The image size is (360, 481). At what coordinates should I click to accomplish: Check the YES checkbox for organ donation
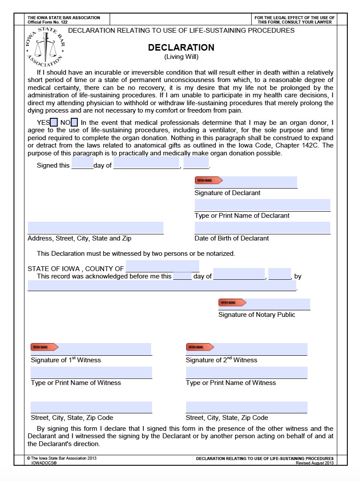54,123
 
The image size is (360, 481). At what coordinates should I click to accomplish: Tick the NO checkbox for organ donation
74,123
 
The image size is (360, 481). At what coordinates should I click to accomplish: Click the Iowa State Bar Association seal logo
44,45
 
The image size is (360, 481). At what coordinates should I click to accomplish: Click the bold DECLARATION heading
181,48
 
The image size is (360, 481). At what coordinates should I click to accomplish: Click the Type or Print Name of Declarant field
262,205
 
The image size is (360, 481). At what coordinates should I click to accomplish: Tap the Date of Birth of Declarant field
262,228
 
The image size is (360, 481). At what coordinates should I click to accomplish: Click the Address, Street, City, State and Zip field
95,228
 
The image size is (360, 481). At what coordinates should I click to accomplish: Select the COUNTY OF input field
162,266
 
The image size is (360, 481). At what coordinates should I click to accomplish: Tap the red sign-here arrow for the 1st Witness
44,347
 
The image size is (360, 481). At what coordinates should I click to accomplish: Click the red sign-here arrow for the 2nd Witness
200,347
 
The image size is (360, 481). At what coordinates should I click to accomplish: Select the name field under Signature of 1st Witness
91,373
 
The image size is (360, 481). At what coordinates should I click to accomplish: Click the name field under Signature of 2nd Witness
246,373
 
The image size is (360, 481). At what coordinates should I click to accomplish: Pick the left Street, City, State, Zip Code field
91,407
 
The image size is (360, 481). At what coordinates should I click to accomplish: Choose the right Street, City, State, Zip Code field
246,407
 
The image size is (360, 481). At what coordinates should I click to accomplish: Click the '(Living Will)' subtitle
181,57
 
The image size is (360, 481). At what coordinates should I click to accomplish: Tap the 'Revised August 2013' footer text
315,463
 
